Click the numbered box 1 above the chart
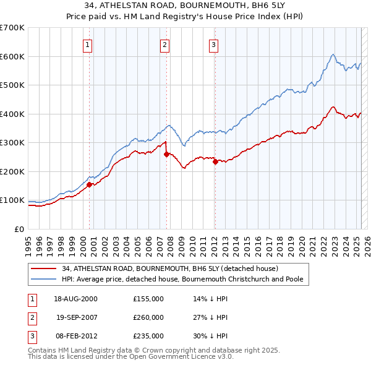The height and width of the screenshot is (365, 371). (x=88, y=45)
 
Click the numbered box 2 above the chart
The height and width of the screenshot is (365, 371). (x=165, y=45)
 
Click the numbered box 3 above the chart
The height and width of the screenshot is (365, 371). (x=213, y=45)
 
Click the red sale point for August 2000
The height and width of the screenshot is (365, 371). (x=89, y=184)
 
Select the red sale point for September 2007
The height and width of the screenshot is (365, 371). (x=167, y=155)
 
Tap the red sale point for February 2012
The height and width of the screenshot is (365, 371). (x=215, y=161)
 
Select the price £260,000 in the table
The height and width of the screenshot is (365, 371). (x=148, y=317)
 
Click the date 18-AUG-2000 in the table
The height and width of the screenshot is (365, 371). (x=75, y=299)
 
